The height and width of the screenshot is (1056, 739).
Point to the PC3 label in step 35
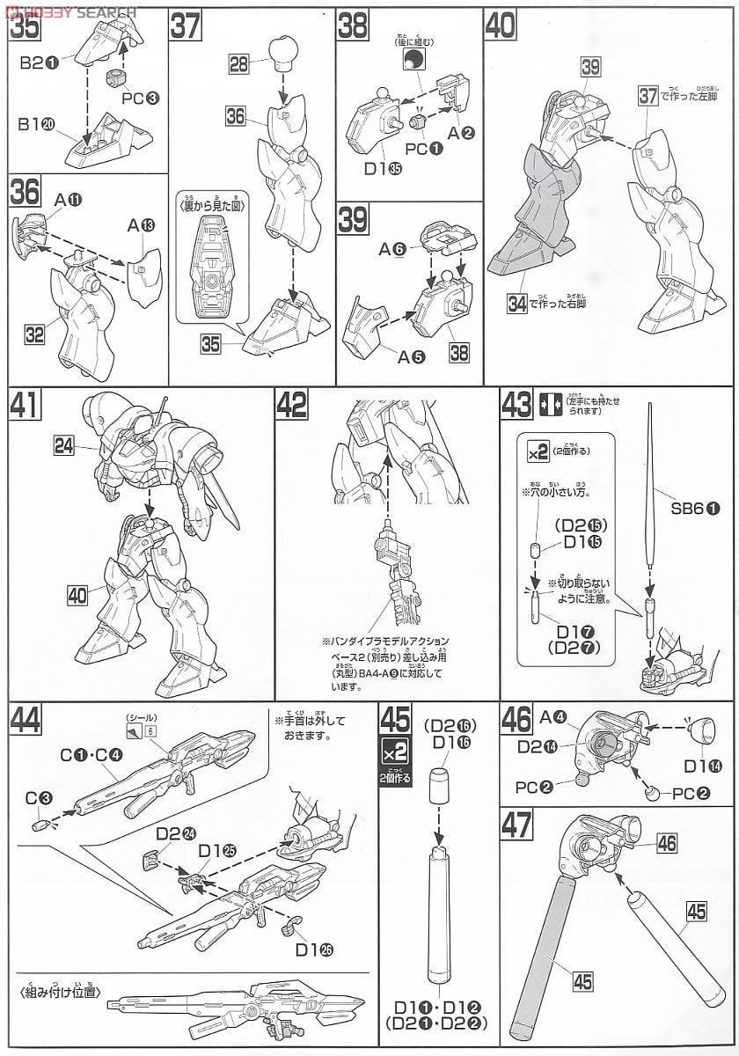click(141, 97)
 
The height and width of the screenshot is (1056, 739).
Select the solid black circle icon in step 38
click(413, 60)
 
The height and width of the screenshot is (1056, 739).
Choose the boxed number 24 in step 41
click(62, 447)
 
